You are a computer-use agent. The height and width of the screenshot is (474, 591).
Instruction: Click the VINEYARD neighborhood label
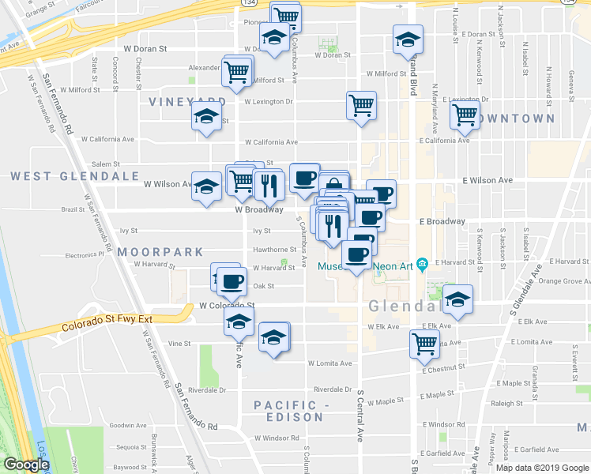point(187,102)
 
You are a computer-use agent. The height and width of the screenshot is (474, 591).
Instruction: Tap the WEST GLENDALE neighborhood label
point(75,175)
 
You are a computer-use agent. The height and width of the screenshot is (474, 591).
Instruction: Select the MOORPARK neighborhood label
point(160,252)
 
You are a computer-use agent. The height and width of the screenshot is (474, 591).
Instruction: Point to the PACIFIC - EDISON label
point(288,411)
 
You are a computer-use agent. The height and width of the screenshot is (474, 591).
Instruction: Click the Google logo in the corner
point(25,465)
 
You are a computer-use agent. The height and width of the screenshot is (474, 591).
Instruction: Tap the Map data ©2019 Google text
point(543,468)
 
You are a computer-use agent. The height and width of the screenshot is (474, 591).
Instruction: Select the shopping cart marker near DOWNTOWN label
point(465,115)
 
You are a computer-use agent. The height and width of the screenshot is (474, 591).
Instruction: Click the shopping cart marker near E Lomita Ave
point(424,343)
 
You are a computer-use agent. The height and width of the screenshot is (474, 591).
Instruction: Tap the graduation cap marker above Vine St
point(239,321)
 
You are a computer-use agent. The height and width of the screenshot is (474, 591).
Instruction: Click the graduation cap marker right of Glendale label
point(457,299)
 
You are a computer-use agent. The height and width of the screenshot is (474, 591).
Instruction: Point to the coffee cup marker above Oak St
point(232,280)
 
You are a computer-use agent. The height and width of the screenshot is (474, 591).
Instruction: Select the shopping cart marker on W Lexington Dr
point(361,105)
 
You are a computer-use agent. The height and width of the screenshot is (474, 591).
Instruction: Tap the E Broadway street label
point(442,222)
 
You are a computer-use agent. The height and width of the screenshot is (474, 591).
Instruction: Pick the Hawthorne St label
point(274,250)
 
